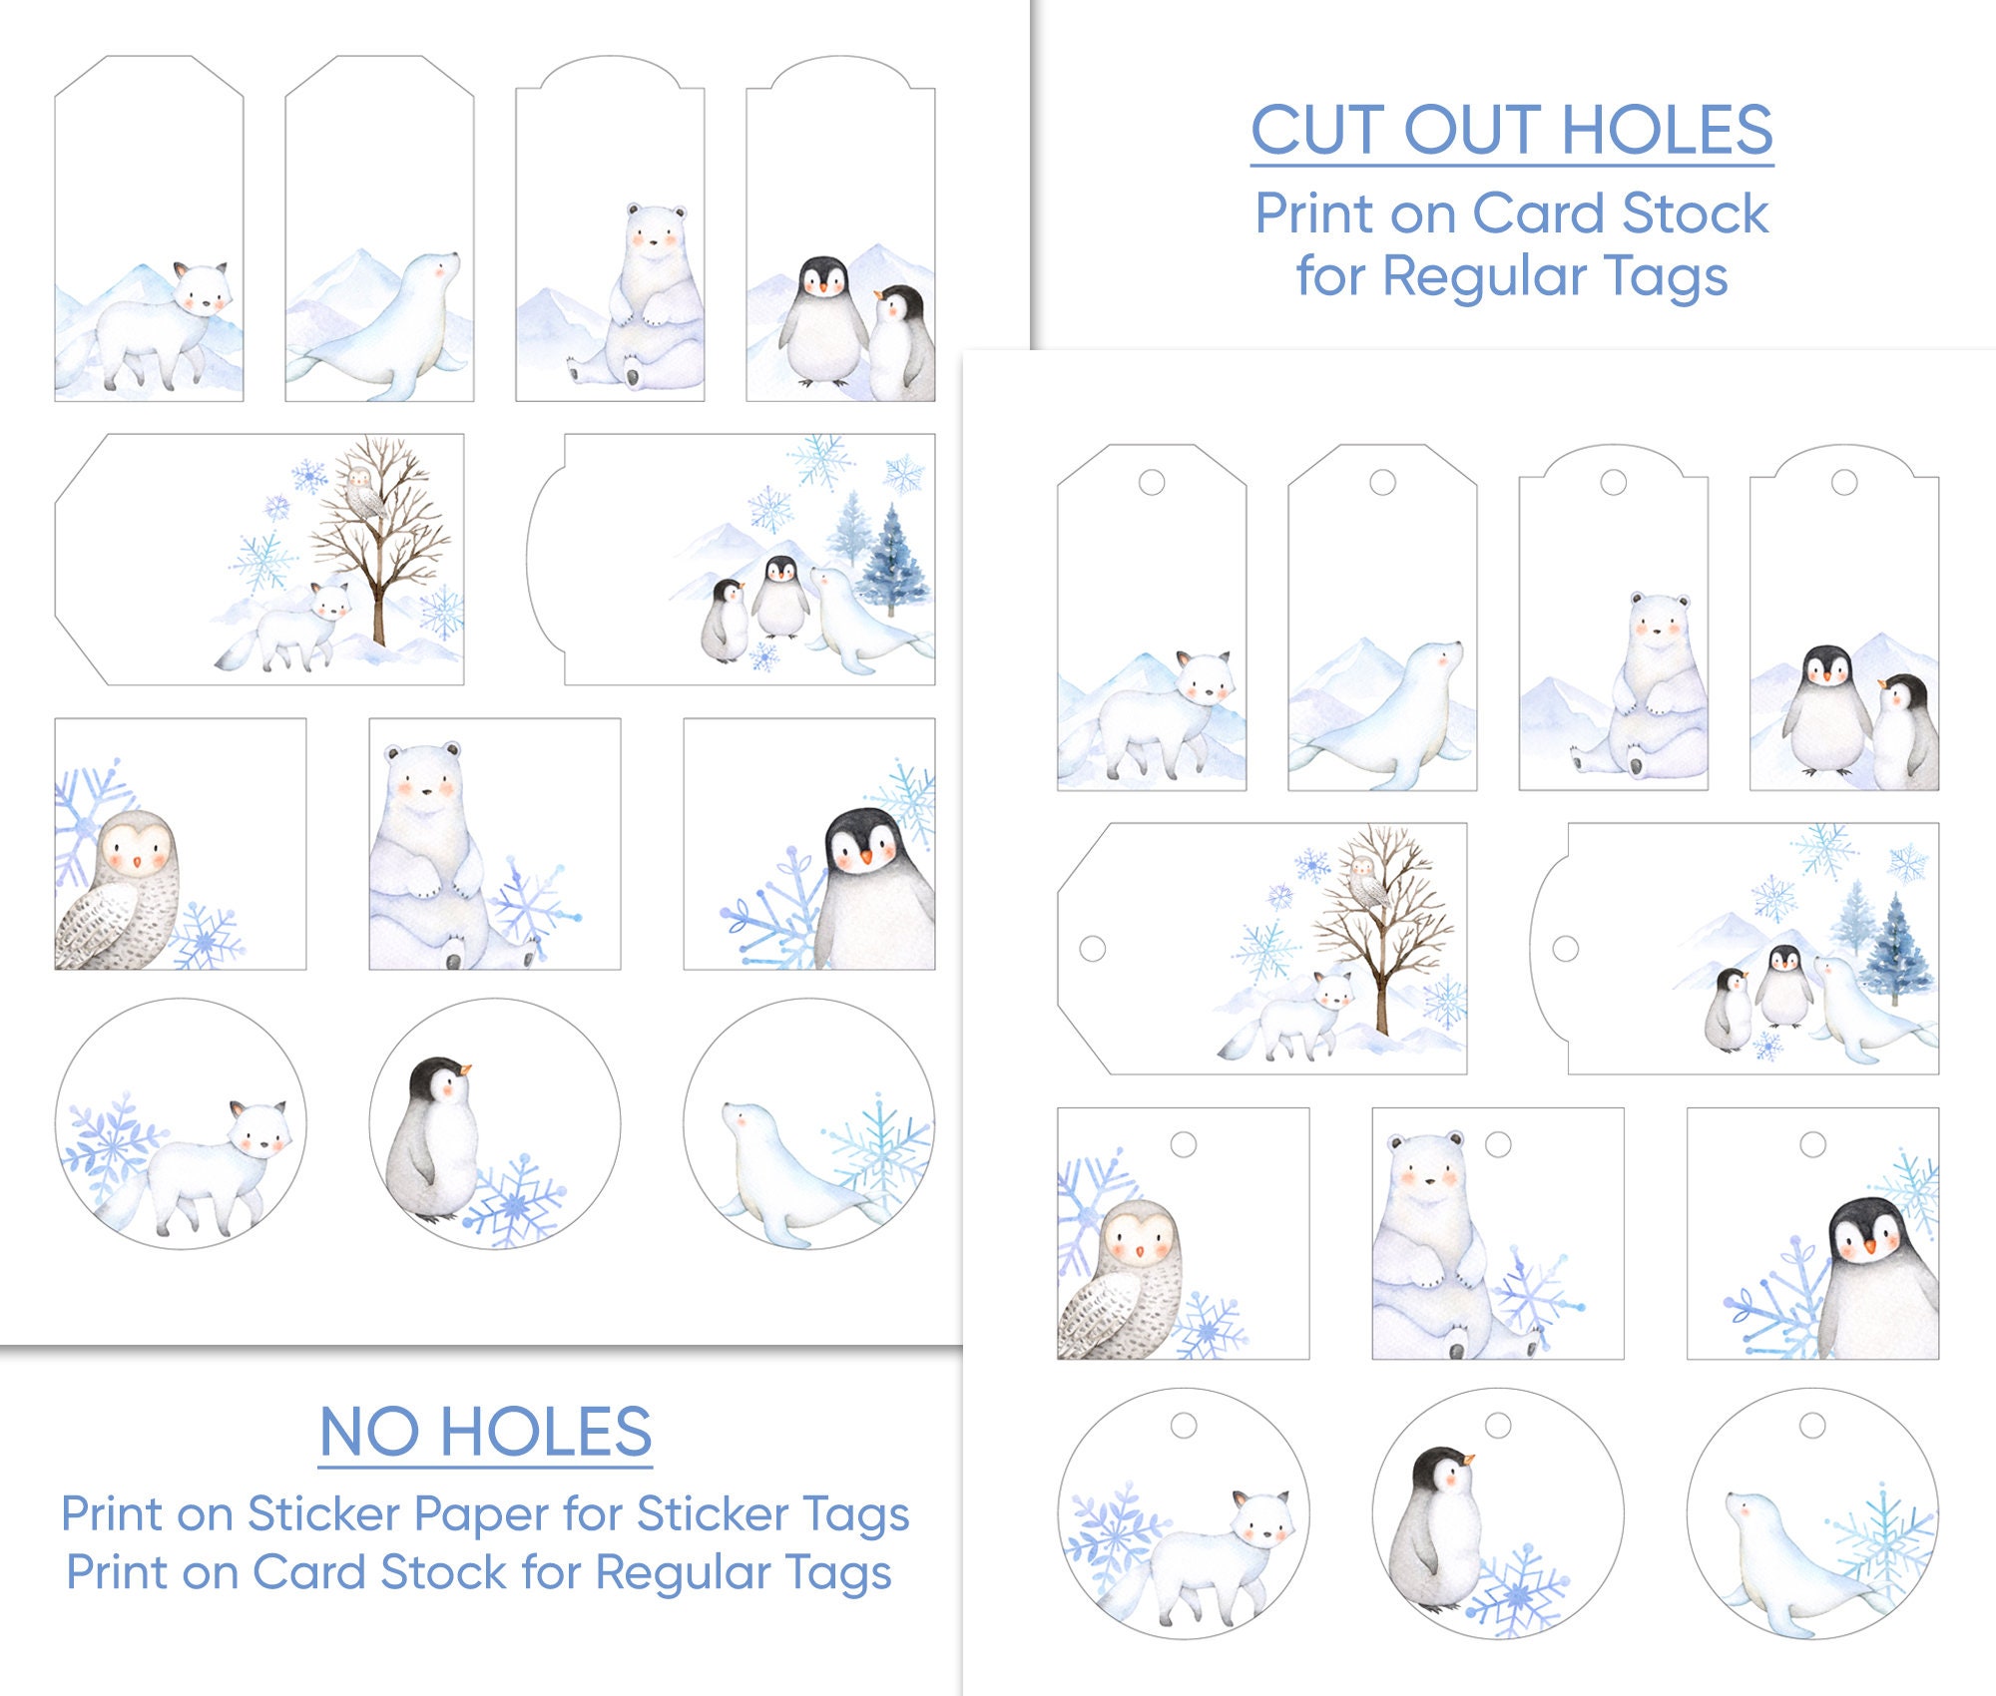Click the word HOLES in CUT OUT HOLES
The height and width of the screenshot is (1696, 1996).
coord(1666,131)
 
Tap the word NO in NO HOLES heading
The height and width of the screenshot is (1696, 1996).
coord(368,1433)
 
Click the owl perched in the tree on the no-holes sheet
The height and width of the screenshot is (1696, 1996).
coord(360,491)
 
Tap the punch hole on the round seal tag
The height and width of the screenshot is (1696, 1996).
coord(1812,1425)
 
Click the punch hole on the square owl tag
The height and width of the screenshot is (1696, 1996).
coord(1183,1143)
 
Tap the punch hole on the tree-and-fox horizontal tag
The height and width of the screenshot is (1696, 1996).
coord(1092,948)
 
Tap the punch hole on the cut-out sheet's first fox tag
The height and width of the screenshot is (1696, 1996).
coord(1151,483)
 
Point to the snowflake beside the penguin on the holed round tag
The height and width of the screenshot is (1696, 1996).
coord(1517,1593)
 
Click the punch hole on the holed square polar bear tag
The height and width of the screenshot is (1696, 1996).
coord(1497,1143)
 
